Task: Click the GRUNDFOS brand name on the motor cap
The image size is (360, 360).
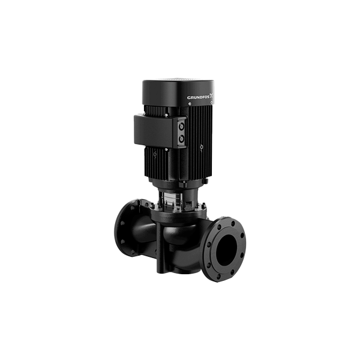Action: [x=198, y=97]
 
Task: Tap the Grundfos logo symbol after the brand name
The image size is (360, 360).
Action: [x=212, y=96]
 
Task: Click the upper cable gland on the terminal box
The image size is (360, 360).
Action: [x=182, y=127]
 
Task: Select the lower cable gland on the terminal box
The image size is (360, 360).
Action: [x=182, y=139]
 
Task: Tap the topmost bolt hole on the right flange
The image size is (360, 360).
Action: [x=233, y=223]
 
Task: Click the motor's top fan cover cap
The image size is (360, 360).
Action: [x=178, y=92]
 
